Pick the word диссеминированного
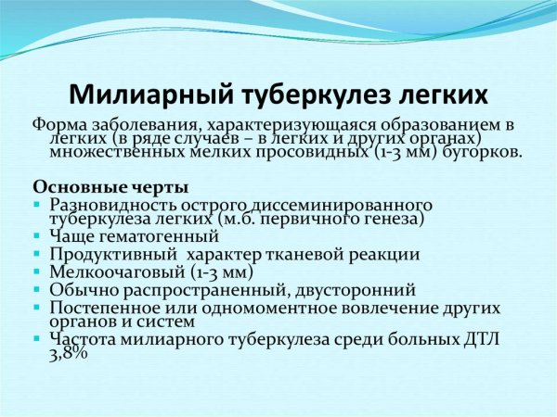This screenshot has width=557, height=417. pos(330,204)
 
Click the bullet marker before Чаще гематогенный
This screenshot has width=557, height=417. pos(36,237)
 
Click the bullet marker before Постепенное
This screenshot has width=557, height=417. pos(36,307)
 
